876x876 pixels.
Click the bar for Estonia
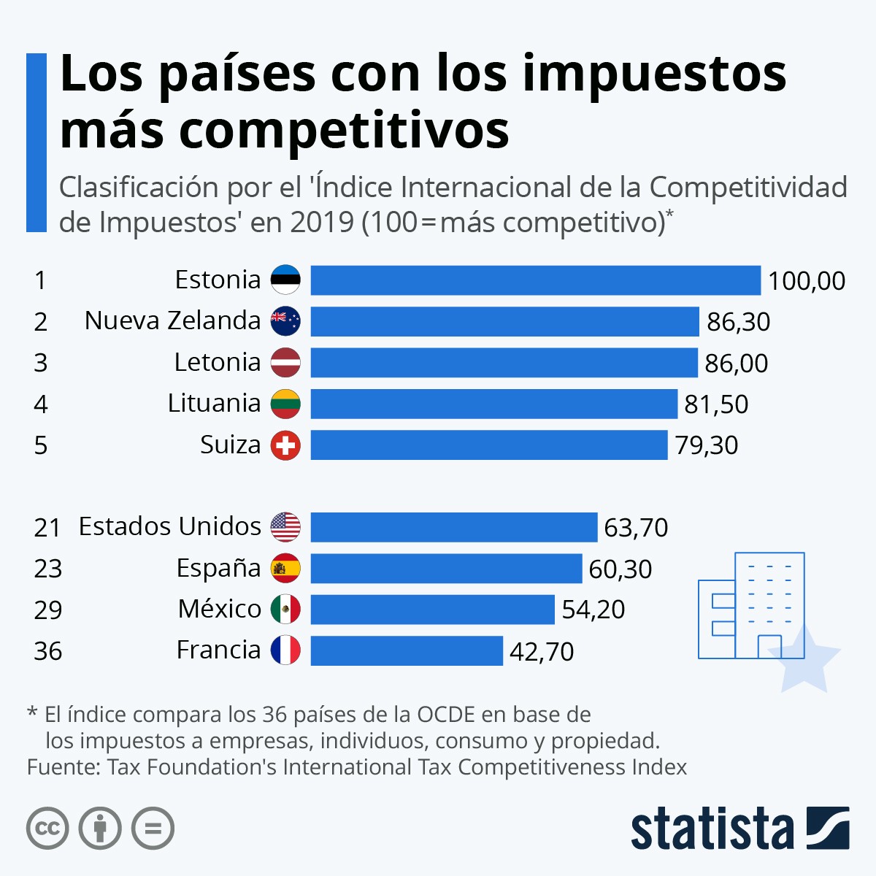(x=535, y=280)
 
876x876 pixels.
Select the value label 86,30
(x=738, y=322)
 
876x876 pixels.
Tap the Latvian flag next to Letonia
(x=285, y=363)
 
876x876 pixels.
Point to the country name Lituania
(x=214, y=403)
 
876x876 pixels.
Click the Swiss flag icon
(x=285, y=445)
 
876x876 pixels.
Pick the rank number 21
(x=47, y=528)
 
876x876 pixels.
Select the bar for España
(x=446, y=569)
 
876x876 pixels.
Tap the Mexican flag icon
(x=285, y=610)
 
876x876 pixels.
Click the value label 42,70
(x=541, y=651)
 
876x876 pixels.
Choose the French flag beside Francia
(x=285, y=650)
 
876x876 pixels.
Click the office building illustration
(x=752, y=606)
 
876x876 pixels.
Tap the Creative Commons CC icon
(x=47, y=829)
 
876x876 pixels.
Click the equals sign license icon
(x=153, y=829)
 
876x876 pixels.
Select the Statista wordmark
(x=712, y=829)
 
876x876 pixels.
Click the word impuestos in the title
(x=654, y=74)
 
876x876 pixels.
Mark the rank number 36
(x=47, y=651)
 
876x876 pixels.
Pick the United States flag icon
(x=285, y=527)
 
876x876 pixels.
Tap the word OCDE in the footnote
(x=446, y=714)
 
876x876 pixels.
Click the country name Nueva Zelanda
(x=172, y=320)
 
